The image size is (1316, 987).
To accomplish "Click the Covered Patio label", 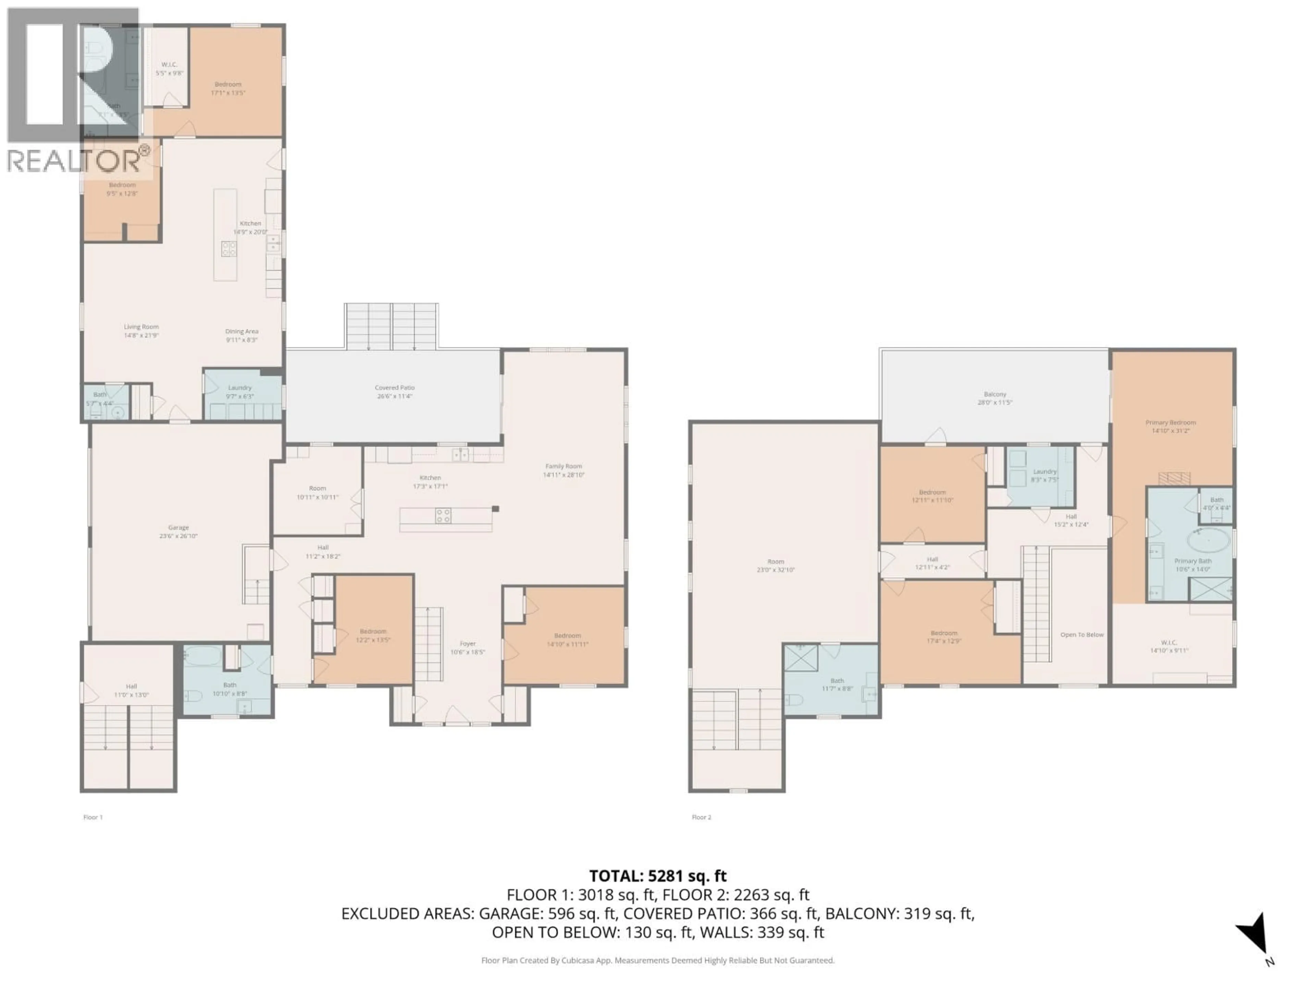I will tap(394, 391).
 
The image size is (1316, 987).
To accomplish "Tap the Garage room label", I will tap(179, 531).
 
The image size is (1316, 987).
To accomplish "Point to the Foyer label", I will tap(467, 647).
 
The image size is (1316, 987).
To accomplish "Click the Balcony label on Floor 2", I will tap(995, 398).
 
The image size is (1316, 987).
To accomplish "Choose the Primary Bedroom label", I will tap(1170, 426).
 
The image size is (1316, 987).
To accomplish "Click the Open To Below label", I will tap(1082, 635).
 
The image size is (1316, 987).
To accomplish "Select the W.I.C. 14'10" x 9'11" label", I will tap(1169, 646).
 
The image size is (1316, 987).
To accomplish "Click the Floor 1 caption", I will tap(93, 817).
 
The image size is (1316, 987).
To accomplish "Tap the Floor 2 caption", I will tap(702, 817).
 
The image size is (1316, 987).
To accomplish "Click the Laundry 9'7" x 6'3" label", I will tap(240, 391).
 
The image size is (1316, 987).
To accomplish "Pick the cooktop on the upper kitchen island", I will tap(229, 249).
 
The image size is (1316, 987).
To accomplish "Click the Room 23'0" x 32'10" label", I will tap(775, 565).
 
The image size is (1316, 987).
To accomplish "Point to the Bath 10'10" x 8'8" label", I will tap(230, 689).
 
